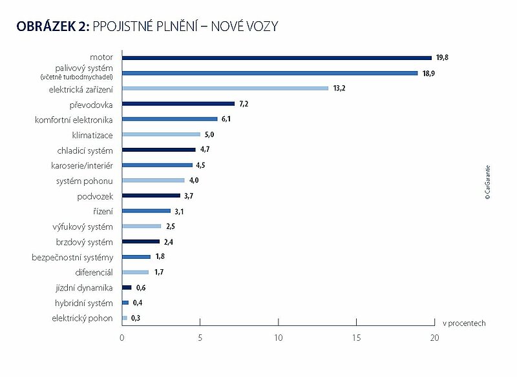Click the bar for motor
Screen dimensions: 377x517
277,57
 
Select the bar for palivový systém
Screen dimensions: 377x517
269,73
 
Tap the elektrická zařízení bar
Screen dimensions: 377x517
225,88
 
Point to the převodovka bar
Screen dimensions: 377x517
178,103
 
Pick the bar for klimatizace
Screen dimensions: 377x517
161,134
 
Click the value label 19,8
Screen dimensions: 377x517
442,57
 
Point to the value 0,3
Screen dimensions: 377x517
136,318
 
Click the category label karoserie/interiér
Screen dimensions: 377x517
82,165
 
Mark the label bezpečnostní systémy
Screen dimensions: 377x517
72,258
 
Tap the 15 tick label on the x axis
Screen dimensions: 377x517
356,338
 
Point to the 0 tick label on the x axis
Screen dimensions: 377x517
122,338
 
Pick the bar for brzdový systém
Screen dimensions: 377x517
140,241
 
